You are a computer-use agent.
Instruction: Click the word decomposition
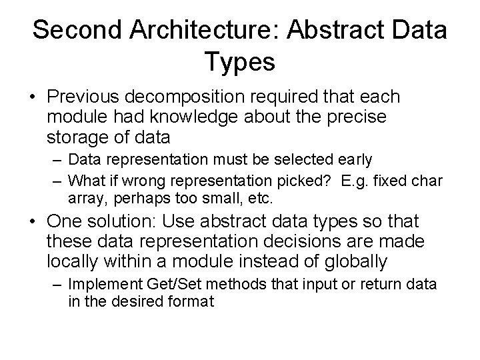(194, 98)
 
